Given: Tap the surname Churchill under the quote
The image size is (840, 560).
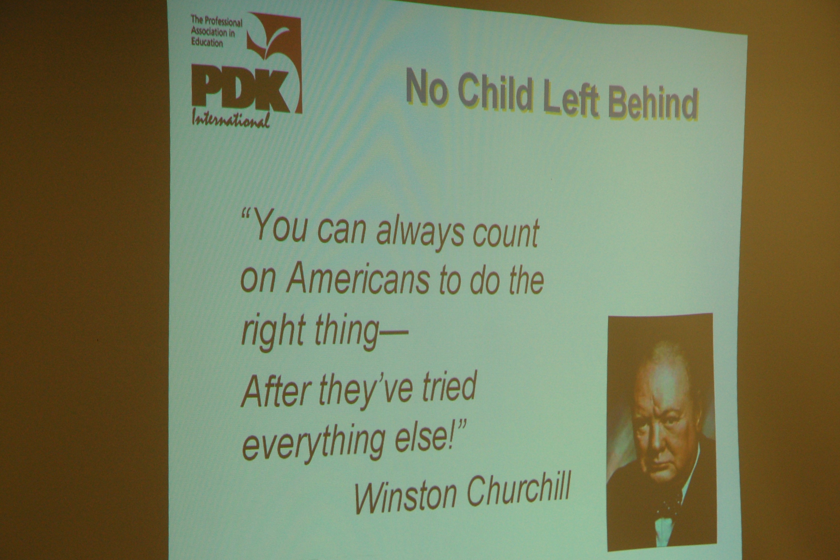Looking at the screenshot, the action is [518, 489].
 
